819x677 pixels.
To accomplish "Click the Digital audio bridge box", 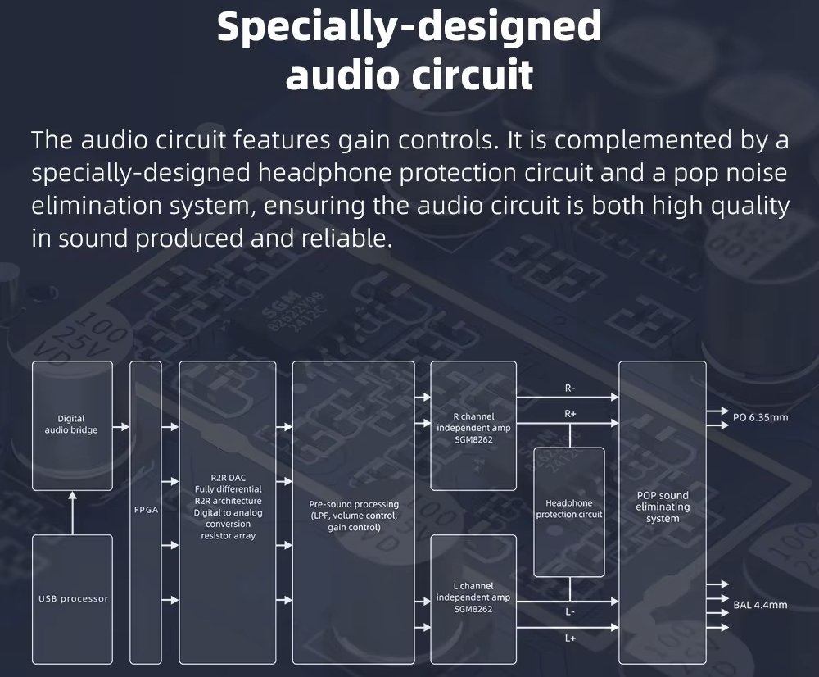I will [x=72, y=424].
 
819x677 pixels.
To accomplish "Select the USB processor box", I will [x=73, y=598].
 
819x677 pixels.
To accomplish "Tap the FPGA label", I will [x=146, y=509].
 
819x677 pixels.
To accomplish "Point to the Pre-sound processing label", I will [x=354, y=504].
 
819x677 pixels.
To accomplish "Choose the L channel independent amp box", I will [x=473, y=597].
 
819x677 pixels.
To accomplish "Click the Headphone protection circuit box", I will [x=568, y=509].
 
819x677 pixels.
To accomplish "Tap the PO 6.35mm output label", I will [x=760, y=417].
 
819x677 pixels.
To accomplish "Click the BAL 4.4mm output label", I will [x=760, y=605].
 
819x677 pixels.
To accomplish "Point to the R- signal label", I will [x=570, y=388].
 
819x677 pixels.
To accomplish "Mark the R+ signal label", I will [x=570, y=414].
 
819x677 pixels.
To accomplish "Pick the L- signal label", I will [x=570, y=611].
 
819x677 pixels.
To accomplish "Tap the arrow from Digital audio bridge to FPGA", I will [x=121, y=427].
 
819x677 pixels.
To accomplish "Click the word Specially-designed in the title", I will [x=409, y=26].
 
